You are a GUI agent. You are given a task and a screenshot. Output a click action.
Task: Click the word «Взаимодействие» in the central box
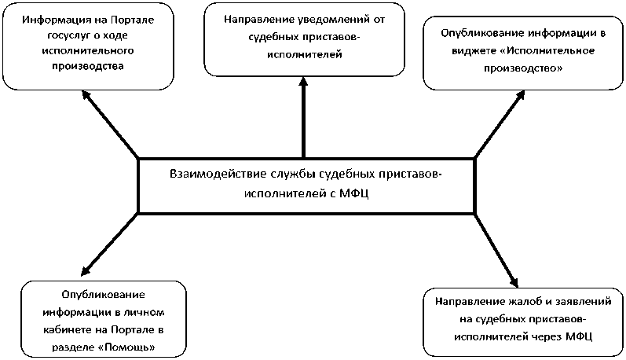[x=208, y=174]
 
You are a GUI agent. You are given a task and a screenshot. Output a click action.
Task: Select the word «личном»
[x=144, y=311]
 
